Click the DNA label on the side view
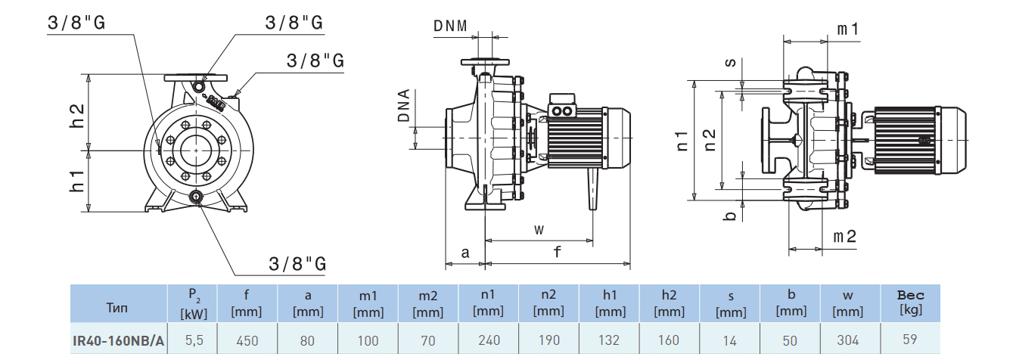click(x=404, y=106)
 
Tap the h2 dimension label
click(x=77, y=113)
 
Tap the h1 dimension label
click(x=77, y=181)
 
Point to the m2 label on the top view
click(x=844, y=237)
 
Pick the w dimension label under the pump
click(x=539, y=229)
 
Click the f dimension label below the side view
click(x=558, y=253)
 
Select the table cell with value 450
click(x=247, y=340)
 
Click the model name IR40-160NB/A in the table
click(x=119, y=340)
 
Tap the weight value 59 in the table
click(x=910, y=340)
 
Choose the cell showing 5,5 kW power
click(x=193, y=340)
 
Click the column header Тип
click(x=118, y=307)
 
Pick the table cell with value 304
click(x=850, y=340)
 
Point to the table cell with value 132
click(x=609, y=340)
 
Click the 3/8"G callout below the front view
click(x=297, y=264)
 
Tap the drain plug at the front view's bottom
click(x=196, y=198)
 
